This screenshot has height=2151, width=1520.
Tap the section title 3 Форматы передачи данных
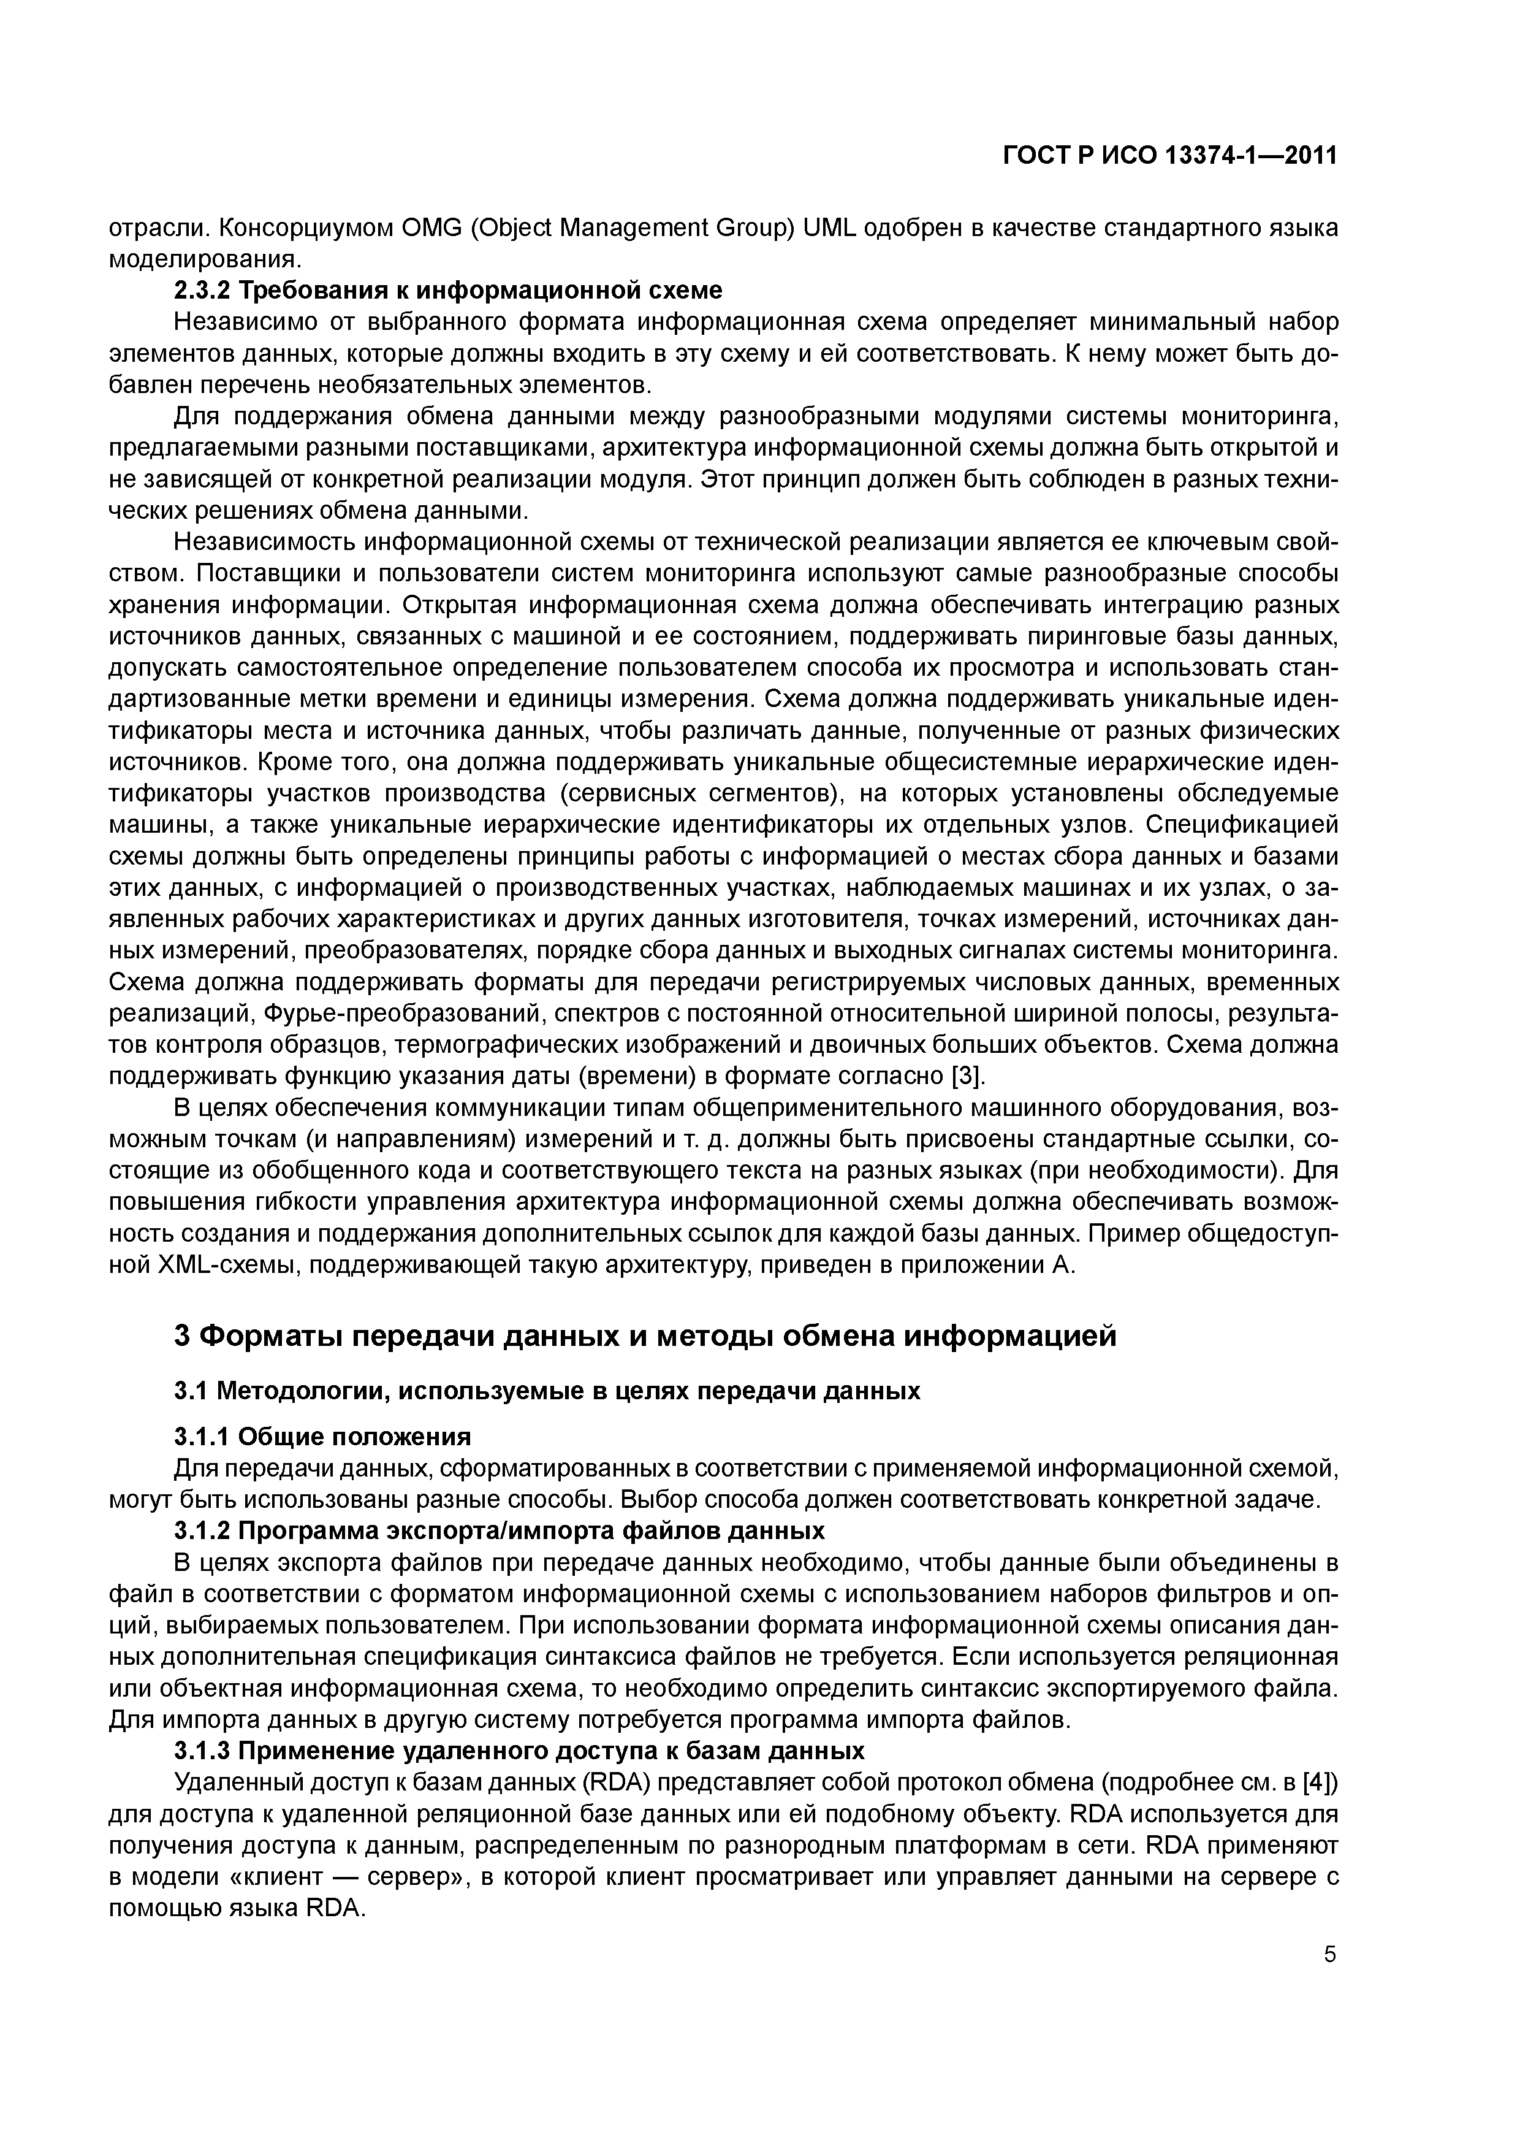[646, 1335]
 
